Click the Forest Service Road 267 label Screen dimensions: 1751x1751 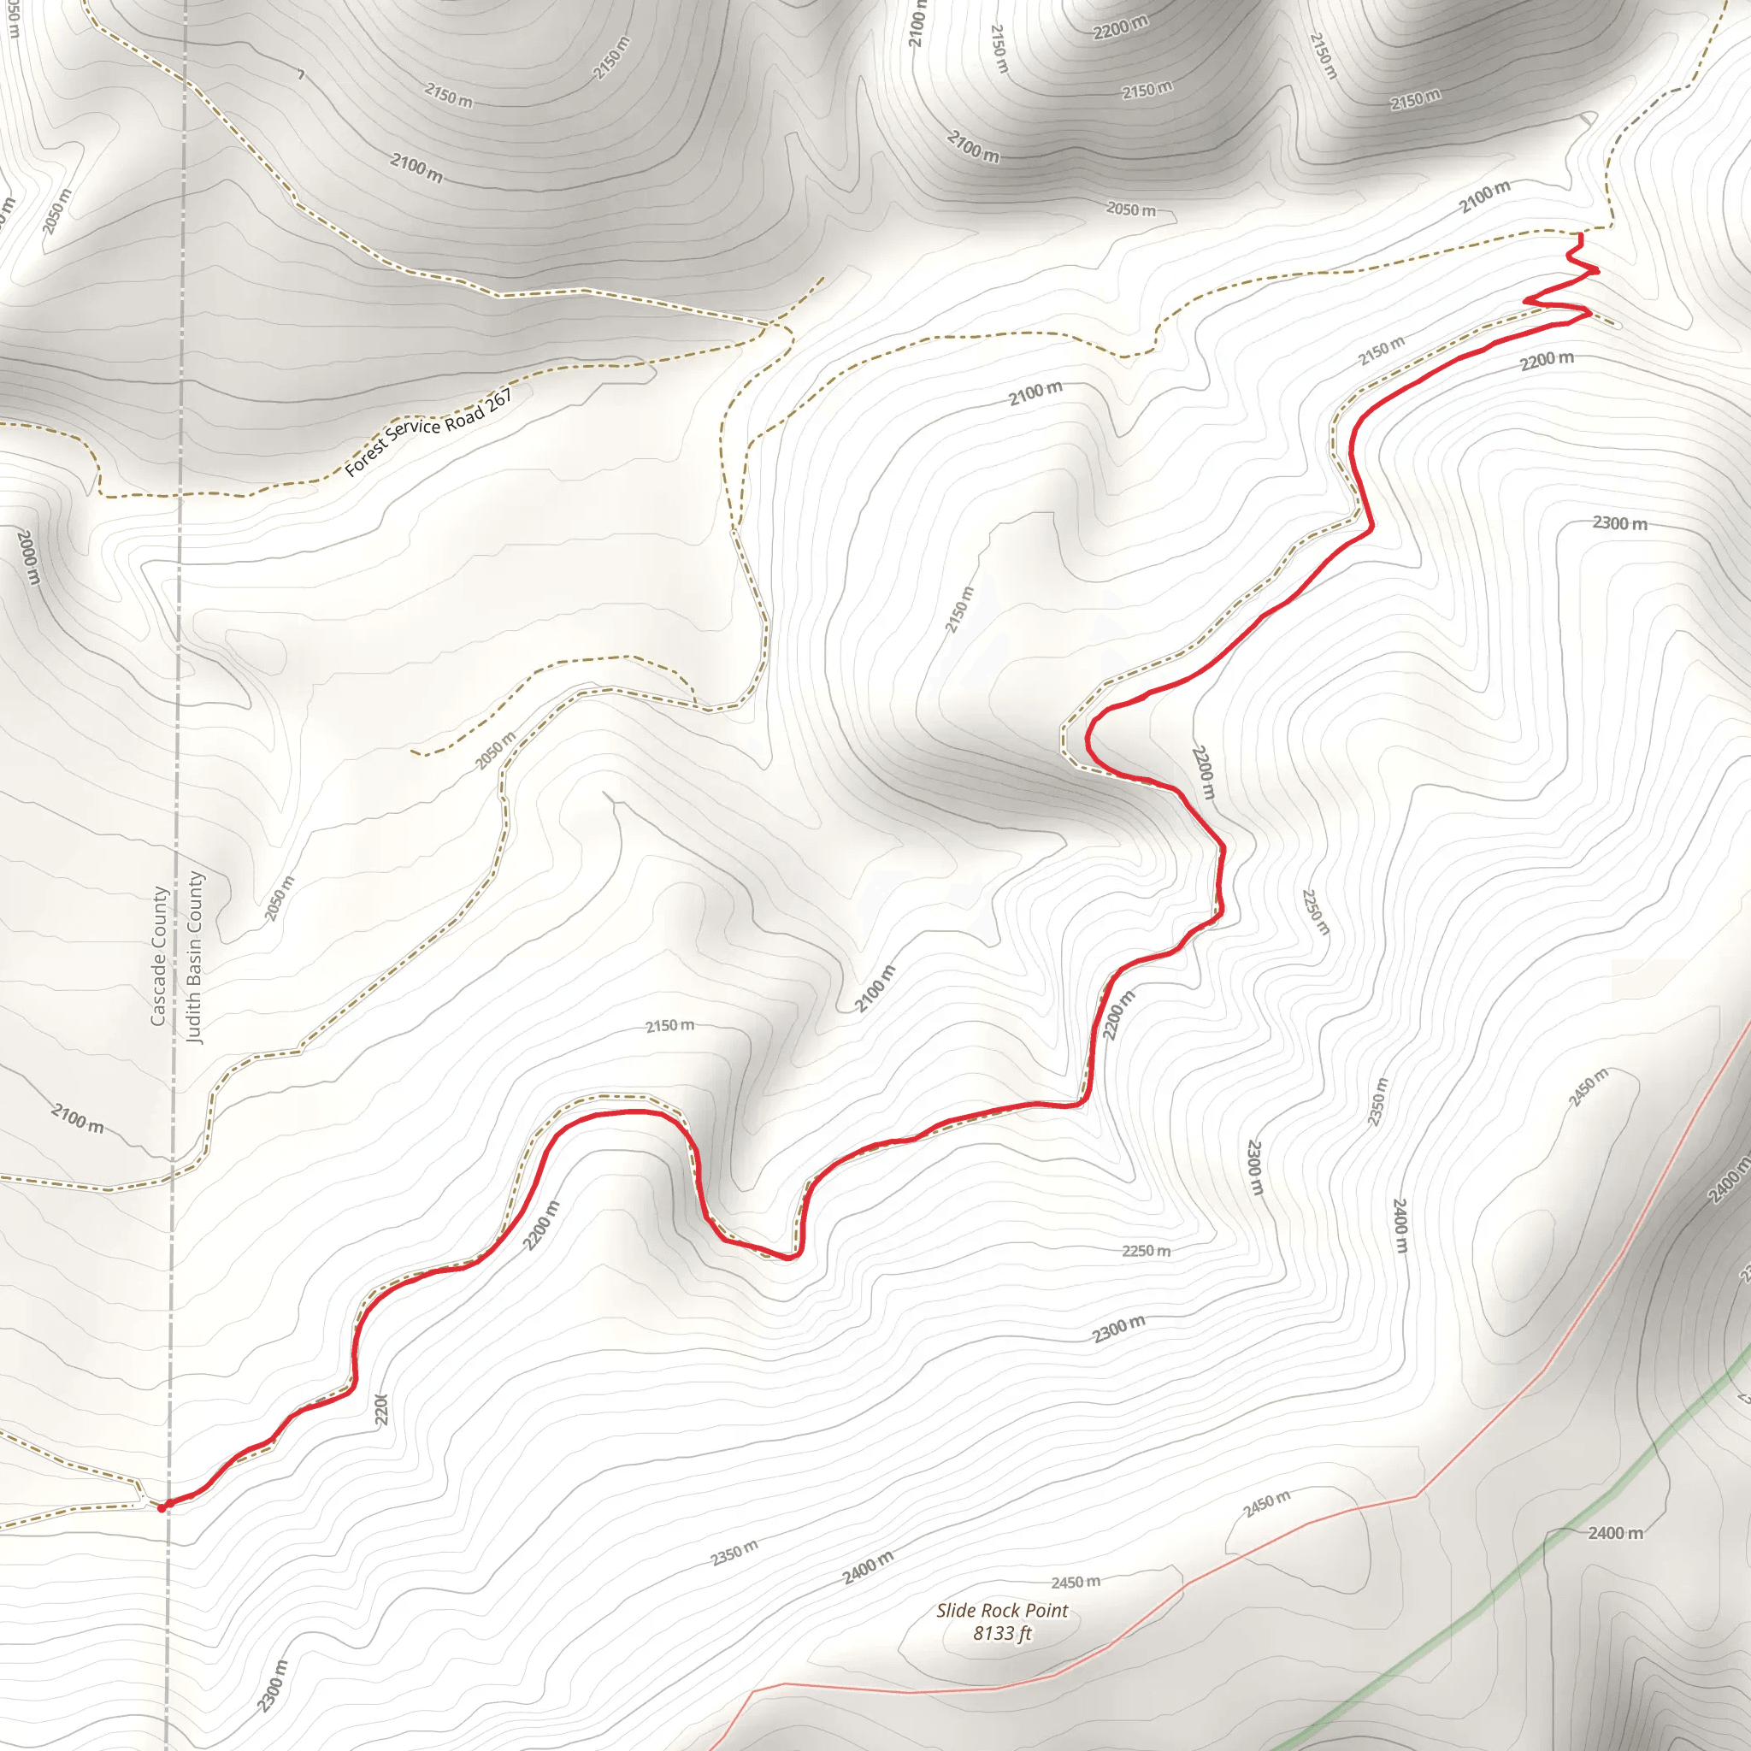pos(428,433)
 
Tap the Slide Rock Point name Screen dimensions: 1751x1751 pos(1001,1610)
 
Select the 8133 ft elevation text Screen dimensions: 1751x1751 pos(1001,1633)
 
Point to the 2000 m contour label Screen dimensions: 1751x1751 pos(28,557)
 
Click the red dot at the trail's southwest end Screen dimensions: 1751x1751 pos(162,1508)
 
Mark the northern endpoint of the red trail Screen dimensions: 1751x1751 pos(1581,237)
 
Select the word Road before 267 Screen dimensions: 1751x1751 pos(463,417)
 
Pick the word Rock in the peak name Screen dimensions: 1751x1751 pos(1001,1610)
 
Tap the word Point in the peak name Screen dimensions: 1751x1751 pos(1046,1610)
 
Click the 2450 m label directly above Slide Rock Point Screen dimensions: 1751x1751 pos(1076,1582)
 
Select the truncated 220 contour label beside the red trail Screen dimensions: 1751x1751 pos(381,1409)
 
